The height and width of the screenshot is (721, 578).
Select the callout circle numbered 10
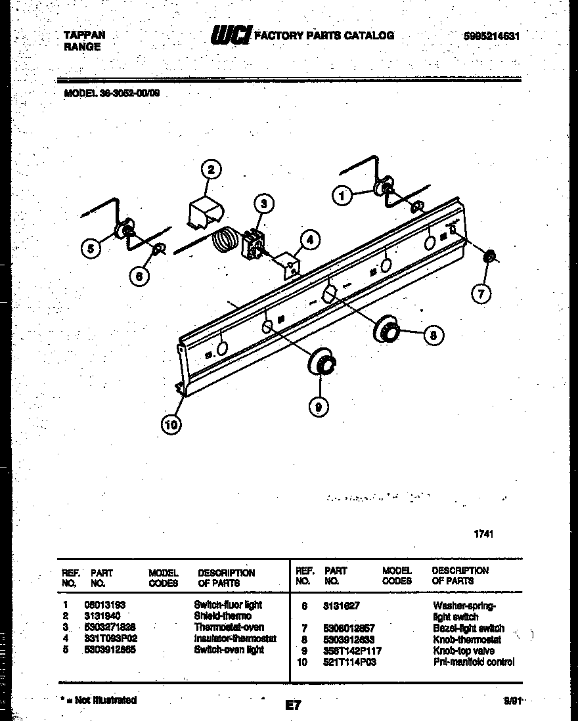coord(171,425)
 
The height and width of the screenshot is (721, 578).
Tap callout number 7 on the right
coord(481,294)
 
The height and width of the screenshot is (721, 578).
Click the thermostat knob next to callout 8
coord(387,331)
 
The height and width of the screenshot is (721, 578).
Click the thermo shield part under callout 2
coord(205,213)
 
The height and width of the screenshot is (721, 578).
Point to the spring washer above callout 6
coord(158,250)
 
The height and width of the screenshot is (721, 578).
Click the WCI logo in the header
coord(230,35)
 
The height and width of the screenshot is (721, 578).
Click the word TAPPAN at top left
coord(84,35)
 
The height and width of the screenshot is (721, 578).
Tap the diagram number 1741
coord(483,534)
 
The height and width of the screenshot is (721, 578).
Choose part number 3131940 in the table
coord(103,616)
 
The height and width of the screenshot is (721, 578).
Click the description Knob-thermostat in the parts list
coord(466,639)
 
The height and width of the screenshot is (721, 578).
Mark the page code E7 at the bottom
coord(293,705)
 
